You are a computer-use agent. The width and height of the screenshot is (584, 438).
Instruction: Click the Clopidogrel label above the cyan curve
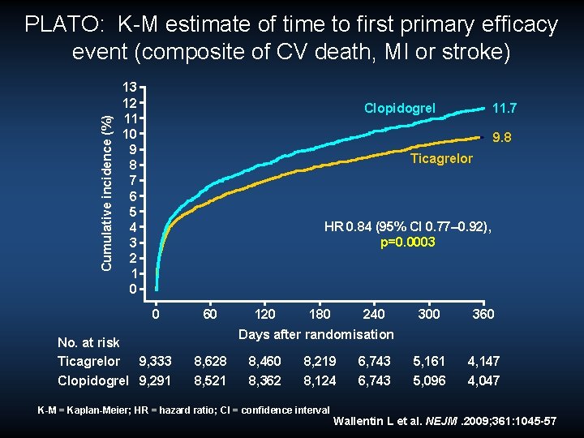pyautogui.click(x=399, y=108)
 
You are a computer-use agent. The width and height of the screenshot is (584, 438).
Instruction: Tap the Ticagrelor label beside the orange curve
pyautogui.click(x=441, y=158)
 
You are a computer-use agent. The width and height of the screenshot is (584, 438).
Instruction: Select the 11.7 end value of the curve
pyautogui.click(x=505, y=108)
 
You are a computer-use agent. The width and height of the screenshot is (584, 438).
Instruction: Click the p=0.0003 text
pyautogui.click(x=408, y=243)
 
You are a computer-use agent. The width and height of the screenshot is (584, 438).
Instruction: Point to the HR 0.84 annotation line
pyautogui.click(x=407, y=228)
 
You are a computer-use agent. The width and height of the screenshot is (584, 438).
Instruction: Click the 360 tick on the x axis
pyautogui.click(x=483, y=314)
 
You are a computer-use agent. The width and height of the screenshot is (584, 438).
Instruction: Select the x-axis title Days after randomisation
pyautogui.click(x=316, y=334)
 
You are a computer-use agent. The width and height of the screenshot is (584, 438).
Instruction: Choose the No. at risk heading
pyautogui.click(x=88, y=343)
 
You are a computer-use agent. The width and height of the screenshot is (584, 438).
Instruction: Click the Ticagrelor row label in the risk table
pyautogui.click(x=88, y=361)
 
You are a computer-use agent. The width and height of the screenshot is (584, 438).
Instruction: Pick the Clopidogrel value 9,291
pyautogui.click(x=155, y=380)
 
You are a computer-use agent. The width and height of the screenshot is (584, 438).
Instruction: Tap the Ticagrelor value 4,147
pyautogui.click(x=483, y=361)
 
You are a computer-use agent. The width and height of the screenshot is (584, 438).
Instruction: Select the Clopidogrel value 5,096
pyautogui.click(x=428, y=380)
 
